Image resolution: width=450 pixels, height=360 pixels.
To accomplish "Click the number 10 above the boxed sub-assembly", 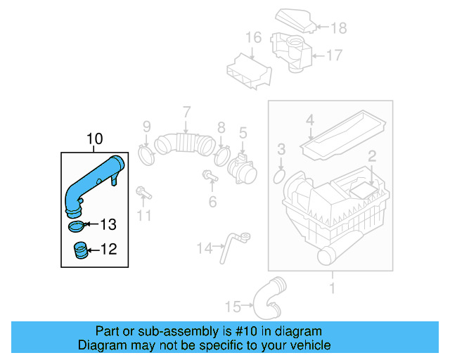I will pos(94,140).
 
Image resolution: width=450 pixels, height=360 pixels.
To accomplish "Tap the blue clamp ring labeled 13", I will pos(77,226).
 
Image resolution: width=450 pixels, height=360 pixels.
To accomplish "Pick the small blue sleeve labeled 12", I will pos(81,250).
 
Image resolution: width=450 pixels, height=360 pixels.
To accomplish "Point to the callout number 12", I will pos(108,249).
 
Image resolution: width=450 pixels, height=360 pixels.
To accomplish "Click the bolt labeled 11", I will pos(142,192).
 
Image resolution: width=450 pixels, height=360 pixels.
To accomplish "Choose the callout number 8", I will pos(221,127).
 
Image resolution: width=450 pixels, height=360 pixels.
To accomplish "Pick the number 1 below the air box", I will pos(331,287).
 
